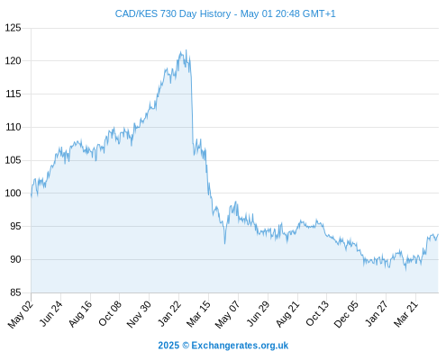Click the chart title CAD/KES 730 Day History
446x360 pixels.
point(173,13)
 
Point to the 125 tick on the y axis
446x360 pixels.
point(14,28)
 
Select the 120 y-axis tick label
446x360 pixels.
point(14,61)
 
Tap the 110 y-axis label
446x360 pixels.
point(14,127)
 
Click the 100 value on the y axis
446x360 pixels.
point(14,193)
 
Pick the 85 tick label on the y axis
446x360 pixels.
point(15,292)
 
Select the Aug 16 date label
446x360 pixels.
point(80,314)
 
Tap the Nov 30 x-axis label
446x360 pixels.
point(139,314)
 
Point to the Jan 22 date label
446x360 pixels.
point(169,313)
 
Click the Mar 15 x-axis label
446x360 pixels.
point(198,314)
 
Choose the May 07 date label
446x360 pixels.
point(228,314)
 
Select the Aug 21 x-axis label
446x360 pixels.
point(287,314)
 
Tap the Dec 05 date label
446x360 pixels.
point(346,314)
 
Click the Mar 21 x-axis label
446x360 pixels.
point(405,314)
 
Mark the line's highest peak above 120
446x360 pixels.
point(187,50)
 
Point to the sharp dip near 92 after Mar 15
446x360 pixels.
point(224,243)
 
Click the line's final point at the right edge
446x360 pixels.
point(438,234)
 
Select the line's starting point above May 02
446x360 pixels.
point(32,197)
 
